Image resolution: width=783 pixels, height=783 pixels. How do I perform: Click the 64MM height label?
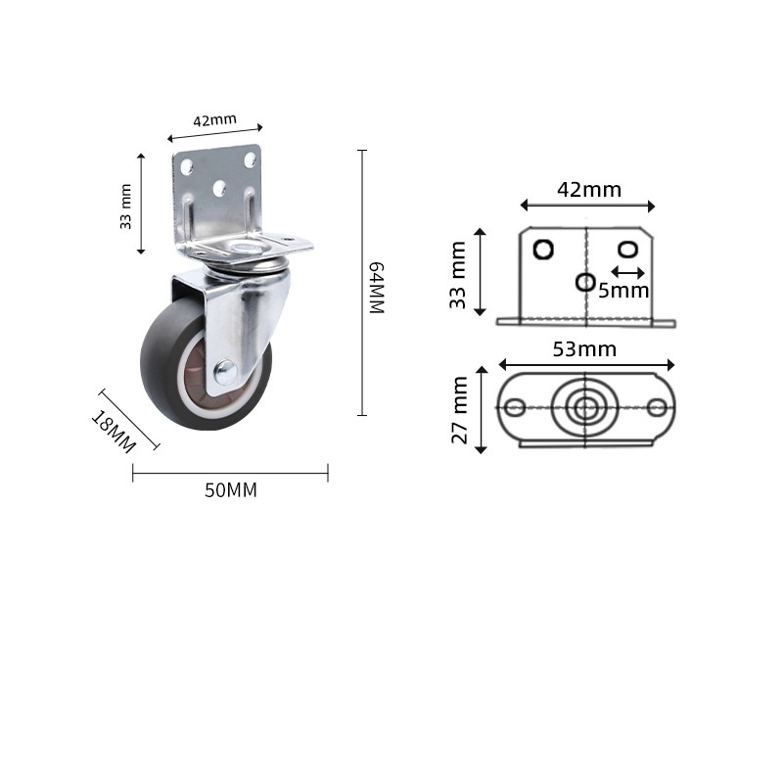tap(374, 288)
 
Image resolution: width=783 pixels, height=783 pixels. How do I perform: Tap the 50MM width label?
tap(231, 490)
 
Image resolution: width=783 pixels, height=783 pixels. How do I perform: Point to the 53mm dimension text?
tap(586, 349)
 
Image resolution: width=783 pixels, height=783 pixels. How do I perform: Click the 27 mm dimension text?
tap(460, 411)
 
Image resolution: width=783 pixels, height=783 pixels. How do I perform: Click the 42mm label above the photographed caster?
tap(214, 121)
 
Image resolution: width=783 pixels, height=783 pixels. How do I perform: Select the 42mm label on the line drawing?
tap(589, 190)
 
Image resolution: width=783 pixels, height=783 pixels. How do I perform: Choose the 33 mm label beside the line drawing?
tap(458, 276)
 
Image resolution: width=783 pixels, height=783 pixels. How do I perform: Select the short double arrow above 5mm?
tap(627, 271)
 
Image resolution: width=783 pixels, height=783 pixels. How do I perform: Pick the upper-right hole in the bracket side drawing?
tap(628, 248)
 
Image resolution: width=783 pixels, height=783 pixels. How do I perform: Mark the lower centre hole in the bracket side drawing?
tap(585, 282)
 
